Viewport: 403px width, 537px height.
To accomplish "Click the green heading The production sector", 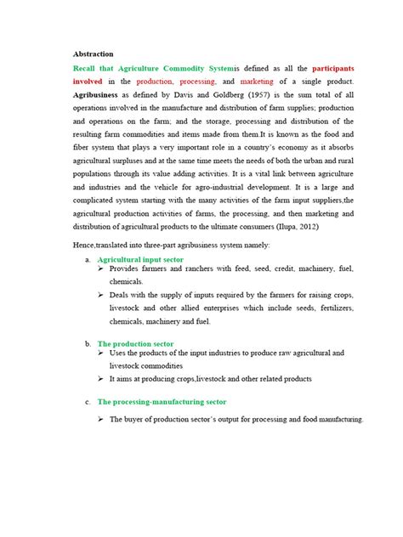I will point(136,343).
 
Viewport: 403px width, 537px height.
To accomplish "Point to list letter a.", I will point(88,258).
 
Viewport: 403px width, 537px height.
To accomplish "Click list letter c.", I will point(88,401).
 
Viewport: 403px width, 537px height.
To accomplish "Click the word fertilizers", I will point(341,309).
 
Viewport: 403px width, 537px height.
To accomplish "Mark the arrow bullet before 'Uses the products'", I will point(102,353).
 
